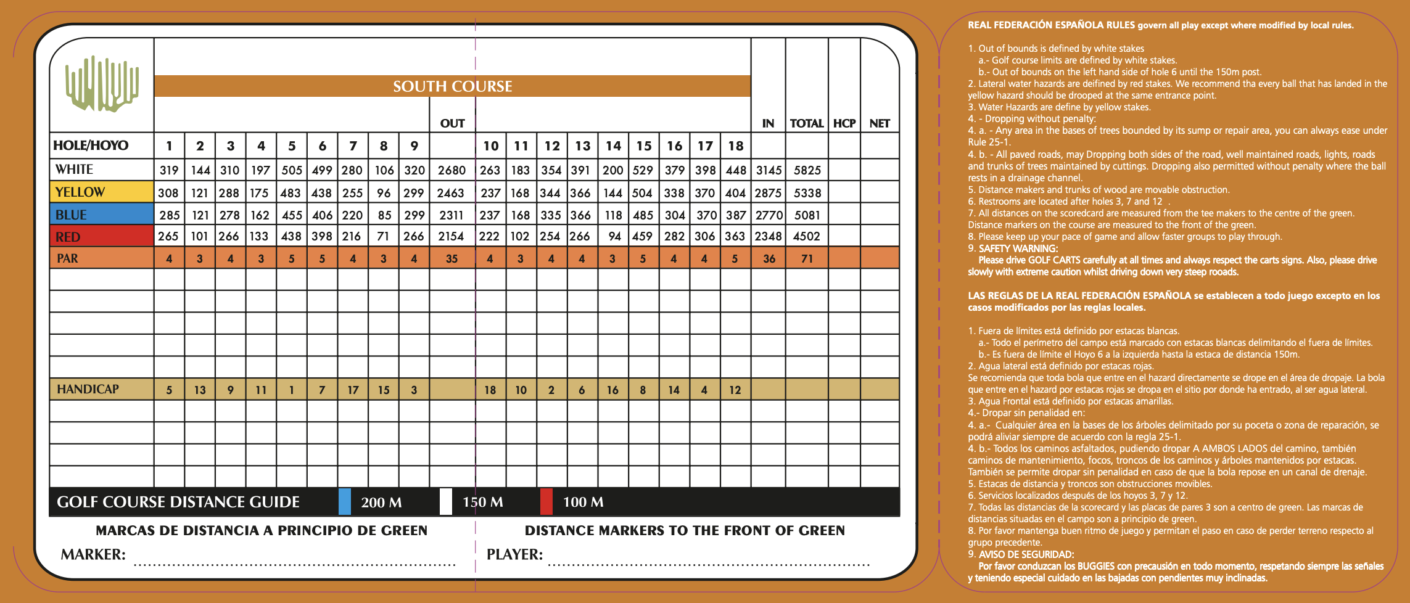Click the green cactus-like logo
tap(102, 84)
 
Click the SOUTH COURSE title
tap(453, 86)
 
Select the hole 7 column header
tap(353, 146)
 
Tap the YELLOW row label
tap(80, 192)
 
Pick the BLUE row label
tap(71, 215)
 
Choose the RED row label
tap(68, 237)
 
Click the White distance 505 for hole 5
tap(292, 170)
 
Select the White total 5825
tap(807, 170)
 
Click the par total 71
tap(807, 259)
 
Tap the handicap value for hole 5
tap(292, 390)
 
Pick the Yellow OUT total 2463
tap(450, 193)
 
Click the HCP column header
tap(844, 123)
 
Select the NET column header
tap(879, 123)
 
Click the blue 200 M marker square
tap(345, 501)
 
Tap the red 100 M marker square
tap(546, 501)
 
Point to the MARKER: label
tap(93, 554)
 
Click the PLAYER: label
tap(514, 554)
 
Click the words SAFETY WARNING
tap(1013, 248)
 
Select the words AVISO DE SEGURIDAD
tap(1026, 554)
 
